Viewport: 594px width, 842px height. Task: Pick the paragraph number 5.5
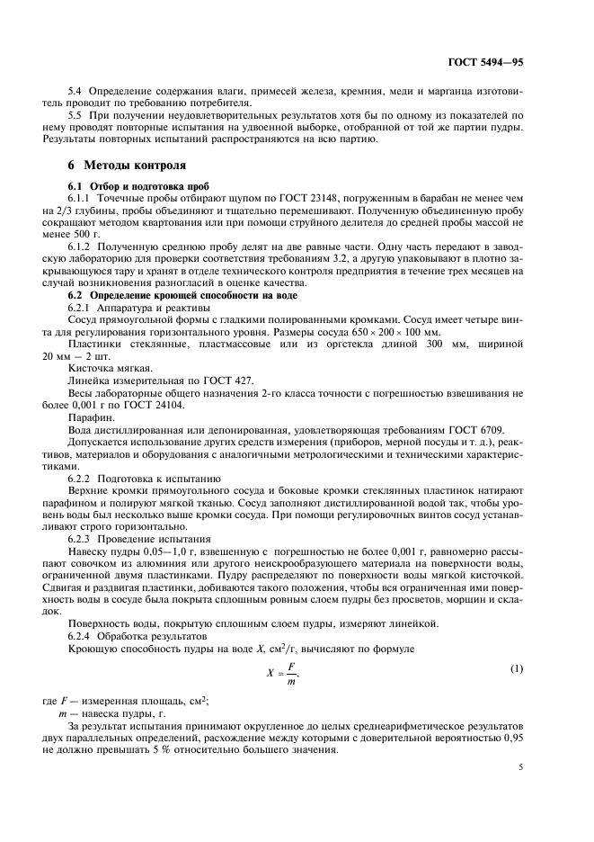tap(76, 115)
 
